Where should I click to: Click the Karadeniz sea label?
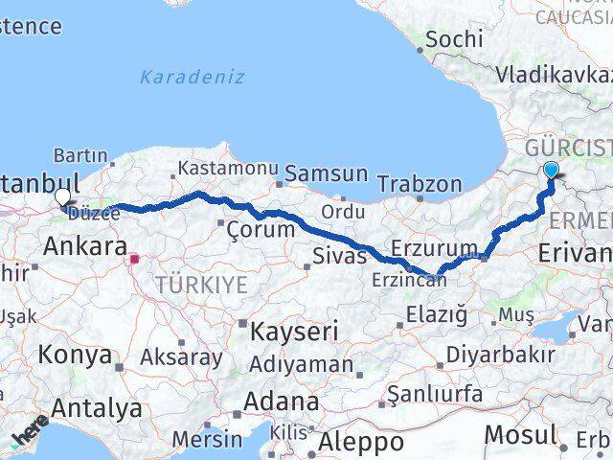(x=192, y=77)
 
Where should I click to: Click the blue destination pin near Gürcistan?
(x=552, y=171)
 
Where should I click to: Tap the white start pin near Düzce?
(x=63, y=197)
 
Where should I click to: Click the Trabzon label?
(x=420, y=183)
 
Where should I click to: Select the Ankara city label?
(x=85, y=246)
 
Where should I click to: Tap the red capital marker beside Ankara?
(x=136, y=257)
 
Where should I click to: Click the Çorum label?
(x=261, y=229)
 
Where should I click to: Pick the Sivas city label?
(x=340, y=255)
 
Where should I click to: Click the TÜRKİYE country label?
(x=201, y=285)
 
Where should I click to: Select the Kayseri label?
(x=294, y=333)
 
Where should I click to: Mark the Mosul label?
(x=519, y=433)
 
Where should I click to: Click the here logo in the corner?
(x=30, y=432)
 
